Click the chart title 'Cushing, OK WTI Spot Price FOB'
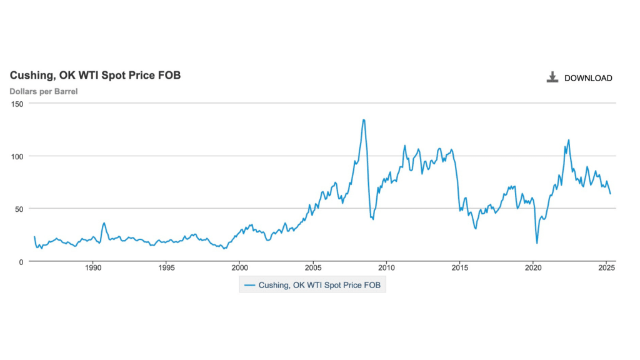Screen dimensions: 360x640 [95, 76]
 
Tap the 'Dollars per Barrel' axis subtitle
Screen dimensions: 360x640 [43, 92]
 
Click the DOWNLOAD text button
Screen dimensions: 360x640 [588, 78]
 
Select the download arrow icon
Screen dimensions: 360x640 [552, 77]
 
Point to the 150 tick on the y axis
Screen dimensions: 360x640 [17, 104]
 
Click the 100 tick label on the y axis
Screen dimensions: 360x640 [17, 156]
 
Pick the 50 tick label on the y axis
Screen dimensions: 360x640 [19, 209]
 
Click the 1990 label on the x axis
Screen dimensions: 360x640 [93, 269]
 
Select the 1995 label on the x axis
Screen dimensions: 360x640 [166, 269]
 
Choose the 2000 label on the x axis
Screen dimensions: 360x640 [240, 269]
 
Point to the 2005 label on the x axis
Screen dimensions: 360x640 [313, 269]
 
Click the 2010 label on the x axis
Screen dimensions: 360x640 [387, 269]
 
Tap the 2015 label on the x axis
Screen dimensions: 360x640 [460, 269]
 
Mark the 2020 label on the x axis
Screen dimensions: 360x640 [533, 269]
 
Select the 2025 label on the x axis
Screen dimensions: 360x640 [606, 269]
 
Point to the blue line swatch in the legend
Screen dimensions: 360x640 [249, 285]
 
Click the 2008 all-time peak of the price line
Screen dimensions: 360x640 [364, 120]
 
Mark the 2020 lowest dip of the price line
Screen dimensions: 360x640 [537, 242]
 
